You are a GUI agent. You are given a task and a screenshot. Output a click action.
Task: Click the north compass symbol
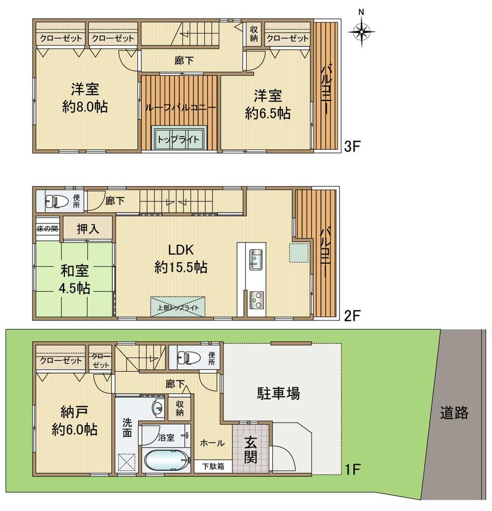pos(362,32)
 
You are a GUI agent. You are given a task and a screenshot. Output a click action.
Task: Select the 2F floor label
pos(353,316)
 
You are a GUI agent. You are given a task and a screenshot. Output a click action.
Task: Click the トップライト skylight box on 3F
pos(178,139)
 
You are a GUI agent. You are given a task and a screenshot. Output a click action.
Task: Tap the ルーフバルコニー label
pos(179,107)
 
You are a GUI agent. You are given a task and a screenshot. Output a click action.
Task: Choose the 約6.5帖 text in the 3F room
pos(268,114)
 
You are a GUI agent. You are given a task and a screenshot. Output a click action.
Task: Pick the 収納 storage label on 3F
pos(253,34)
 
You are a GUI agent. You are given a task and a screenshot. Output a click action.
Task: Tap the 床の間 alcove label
pos(47,228)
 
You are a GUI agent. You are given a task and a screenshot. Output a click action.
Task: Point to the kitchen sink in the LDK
pos(256,259)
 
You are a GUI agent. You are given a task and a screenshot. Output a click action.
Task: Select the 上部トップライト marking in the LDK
pos(178,306)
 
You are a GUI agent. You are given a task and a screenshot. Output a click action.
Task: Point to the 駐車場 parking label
pos(278,393)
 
